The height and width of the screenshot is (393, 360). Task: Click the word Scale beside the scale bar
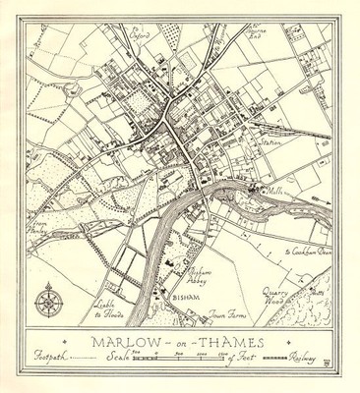[x=118, y=361]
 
